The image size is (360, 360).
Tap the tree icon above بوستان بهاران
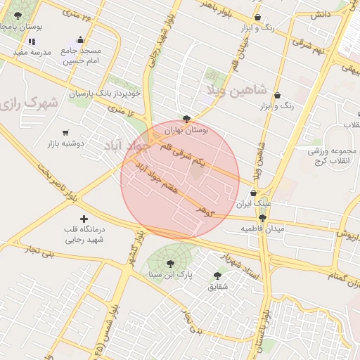coord(186,119)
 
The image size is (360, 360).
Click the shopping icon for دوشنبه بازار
coord(66,132)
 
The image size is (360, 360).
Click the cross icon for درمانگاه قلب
coord(84,219)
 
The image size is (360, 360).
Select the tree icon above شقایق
coord(217,276)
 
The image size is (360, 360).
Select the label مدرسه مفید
coord(31,53)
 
